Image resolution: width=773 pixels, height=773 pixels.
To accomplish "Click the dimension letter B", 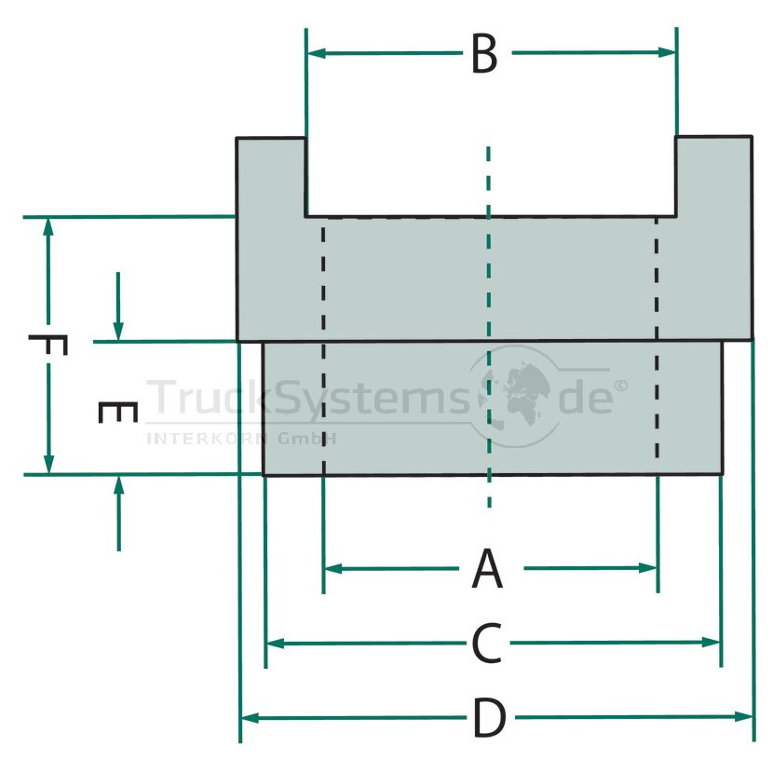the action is coord(484,54).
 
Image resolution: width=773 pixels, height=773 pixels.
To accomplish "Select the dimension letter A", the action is coord(487,568).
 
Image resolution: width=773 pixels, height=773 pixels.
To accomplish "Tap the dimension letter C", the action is coord(486,643).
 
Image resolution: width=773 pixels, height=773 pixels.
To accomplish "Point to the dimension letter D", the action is coord(489,717).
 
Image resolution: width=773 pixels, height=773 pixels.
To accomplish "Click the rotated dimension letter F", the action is coord(47,345).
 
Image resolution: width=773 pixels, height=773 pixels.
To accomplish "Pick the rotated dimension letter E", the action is coord(117,413).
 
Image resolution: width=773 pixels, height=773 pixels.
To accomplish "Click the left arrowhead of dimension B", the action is coord(316,53).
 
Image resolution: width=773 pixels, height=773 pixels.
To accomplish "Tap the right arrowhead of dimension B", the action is coord(667,52).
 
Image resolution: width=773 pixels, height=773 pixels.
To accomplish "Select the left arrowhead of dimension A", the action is coord(332,569).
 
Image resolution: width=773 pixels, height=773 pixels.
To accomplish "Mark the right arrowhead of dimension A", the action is coord(647,568).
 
